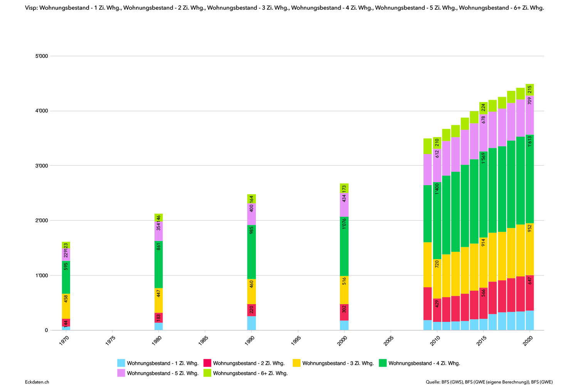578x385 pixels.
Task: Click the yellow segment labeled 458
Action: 66,306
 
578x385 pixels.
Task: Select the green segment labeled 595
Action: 66,277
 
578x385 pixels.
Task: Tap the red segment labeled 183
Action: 159,318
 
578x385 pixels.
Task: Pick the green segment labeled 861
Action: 159,264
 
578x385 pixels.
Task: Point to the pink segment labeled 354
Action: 159,231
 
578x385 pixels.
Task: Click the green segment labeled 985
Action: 252,252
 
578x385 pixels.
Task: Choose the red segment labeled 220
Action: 252,310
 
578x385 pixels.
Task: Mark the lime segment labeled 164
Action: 252,199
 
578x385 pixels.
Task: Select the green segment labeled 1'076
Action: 344,246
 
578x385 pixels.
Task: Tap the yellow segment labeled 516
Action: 344,290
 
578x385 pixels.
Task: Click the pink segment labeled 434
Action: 344,205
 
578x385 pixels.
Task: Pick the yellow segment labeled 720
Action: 437,278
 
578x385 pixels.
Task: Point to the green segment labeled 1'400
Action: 437,220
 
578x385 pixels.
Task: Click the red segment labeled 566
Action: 484,303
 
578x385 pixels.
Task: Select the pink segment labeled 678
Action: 484,132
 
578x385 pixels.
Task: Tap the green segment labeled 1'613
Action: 530,179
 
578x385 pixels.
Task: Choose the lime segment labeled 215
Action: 530,90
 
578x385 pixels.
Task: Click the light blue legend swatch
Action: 121,363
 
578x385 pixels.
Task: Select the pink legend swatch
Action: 121,373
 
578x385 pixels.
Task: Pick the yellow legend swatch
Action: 296,363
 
